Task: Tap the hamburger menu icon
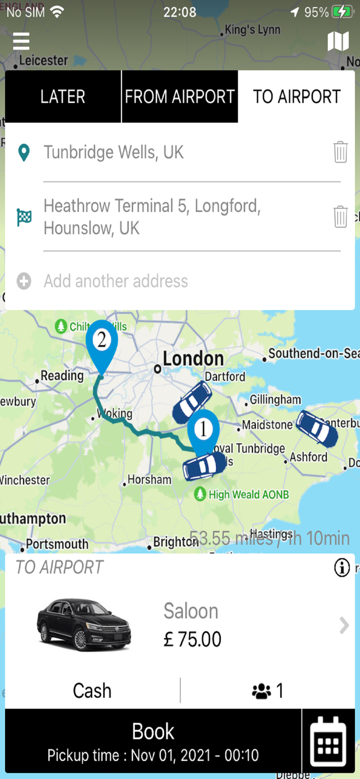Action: (21, 41)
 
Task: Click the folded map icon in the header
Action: (338, 41)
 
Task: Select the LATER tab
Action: (63, 97)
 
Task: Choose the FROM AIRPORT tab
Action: (180, 97)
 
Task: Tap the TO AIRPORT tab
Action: (297, 97)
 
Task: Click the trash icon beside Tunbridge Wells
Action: (340, 152)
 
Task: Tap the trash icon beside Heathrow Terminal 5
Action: (340, 217)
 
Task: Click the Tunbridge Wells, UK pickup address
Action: (114, 152)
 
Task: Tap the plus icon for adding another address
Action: (24, 281)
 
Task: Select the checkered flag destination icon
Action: (24, 217)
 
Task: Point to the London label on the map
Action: (193, 358)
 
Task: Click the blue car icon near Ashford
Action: (316, 428)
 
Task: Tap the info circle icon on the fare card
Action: (342, 568)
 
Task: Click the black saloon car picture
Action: (84, 625)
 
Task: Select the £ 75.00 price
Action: (192, 639)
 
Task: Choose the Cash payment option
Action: (92, 691)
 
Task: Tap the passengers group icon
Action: (261, 691)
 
